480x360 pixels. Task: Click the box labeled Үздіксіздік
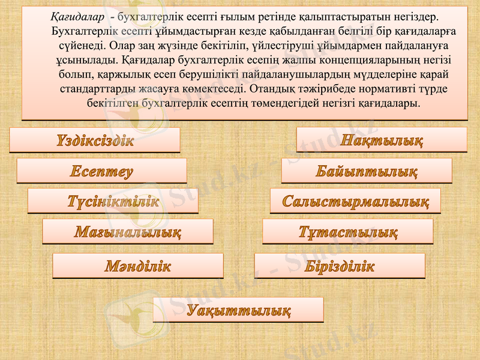(x=95, y=140)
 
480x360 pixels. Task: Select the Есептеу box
(x=101, y=171)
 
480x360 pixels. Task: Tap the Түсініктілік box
(x=113, y=202)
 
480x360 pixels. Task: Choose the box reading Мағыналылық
(x=128, y=232)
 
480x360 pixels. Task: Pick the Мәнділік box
(x=138, y=266)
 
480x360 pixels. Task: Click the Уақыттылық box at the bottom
(x=238, y=310)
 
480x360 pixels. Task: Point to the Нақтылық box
(x=382, y=140)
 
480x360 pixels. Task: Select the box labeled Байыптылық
(x=367, y=171)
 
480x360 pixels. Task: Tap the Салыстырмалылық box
(x=355, y=201)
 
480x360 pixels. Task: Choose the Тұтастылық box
(x=348, y=232)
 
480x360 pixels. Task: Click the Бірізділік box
(x=340, y=266)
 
